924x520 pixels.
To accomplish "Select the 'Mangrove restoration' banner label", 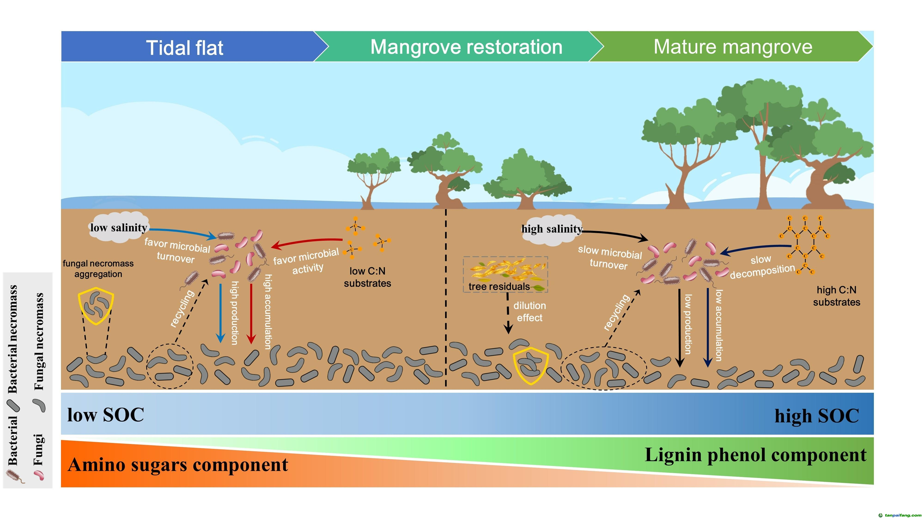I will click(x=466, y=47).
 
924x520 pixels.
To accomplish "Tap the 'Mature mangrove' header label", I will click(x=733, y=47).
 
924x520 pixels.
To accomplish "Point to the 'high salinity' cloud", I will click(x=552, y=229).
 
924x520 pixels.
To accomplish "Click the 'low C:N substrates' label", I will click(x=367, y=277).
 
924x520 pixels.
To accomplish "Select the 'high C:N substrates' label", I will click(x=836, y=296).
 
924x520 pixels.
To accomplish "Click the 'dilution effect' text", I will click(x=529, y=312).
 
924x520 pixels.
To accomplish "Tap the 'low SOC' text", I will click(x=106, y=415).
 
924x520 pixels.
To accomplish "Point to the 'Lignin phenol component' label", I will click(x=755, y=455).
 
